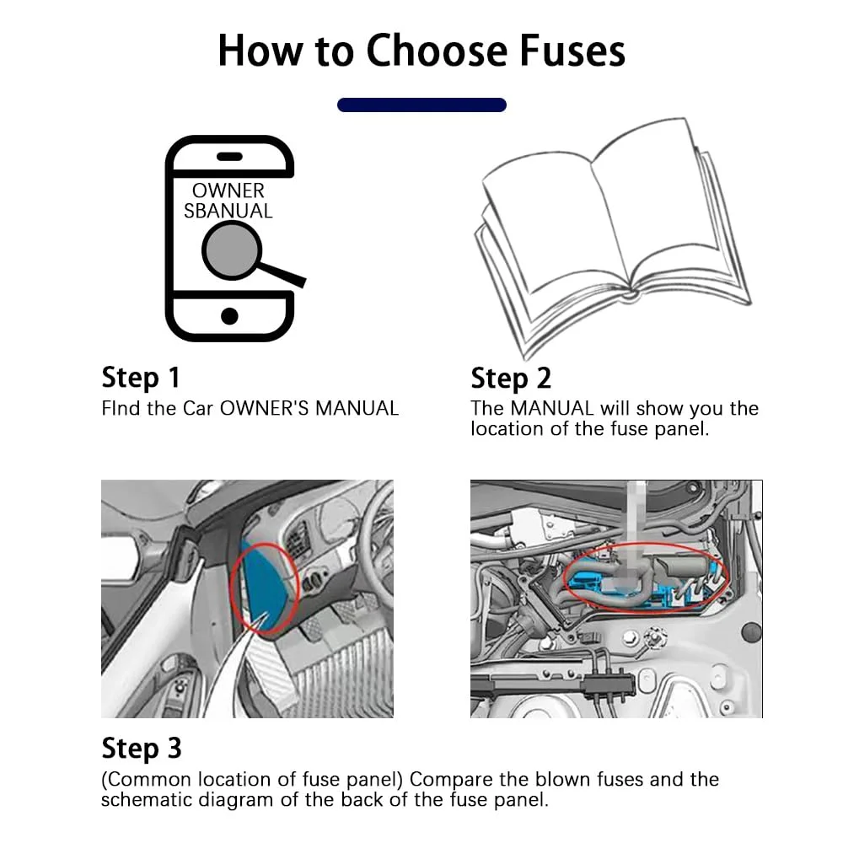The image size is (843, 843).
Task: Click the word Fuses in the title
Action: (572, 51)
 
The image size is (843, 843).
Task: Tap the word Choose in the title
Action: (437, 51)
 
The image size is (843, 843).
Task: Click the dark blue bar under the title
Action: (421, 105)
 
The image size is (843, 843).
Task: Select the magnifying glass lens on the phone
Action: (232, 251)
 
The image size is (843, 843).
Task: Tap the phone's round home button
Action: (229, 316)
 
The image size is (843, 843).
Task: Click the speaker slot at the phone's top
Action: (229, 157)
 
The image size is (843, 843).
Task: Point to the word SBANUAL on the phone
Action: (228, 211)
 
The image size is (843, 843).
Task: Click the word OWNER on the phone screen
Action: (228, 191)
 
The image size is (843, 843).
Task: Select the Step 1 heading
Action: (141, 378)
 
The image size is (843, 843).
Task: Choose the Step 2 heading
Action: (511, 378)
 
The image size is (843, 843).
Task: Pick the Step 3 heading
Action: (142, 749)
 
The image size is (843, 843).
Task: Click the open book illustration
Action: (612, 237)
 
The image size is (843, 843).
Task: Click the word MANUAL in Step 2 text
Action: (552, 408)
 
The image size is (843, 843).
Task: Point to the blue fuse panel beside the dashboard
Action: (267, 586)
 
